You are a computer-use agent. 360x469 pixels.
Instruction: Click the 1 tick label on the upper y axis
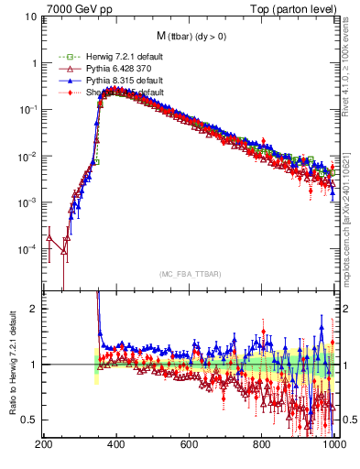click(33, 63)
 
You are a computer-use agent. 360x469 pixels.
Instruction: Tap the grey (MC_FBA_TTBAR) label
click(189, 275)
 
